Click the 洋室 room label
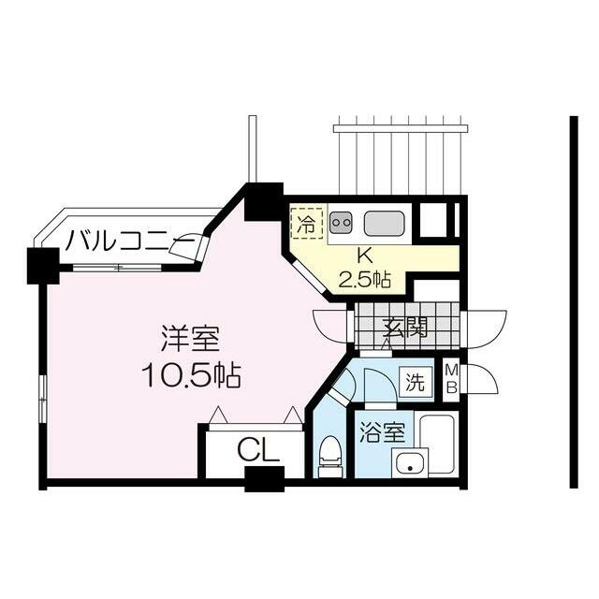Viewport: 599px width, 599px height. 191,339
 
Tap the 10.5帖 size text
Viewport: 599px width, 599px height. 191,375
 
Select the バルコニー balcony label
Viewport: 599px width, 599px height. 130,241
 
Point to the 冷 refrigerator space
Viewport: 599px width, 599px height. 307,223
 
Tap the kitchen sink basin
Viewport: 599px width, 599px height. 384,223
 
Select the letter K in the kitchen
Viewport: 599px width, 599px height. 365,256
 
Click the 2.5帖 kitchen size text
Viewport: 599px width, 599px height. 365,281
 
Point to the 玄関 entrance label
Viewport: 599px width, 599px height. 405,327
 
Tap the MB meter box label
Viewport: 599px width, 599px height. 452,379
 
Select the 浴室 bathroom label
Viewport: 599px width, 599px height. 383,432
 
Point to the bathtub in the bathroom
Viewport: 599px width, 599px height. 438,443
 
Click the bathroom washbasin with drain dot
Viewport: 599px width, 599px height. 410,462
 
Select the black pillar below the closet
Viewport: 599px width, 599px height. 264,479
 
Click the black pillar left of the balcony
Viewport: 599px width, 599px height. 43,266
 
